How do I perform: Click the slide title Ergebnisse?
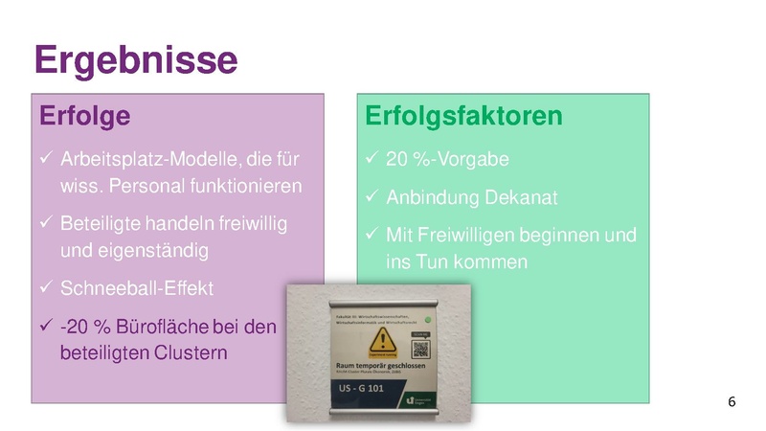pos(135,59)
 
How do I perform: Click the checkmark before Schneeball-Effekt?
pos(45,288)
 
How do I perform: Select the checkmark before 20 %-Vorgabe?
pos(372,158)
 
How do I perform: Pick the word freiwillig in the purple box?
pos(247,223)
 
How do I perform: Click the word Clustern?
pos(191,353)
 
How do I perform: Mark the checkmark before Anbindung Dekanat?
pos(372,198)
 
